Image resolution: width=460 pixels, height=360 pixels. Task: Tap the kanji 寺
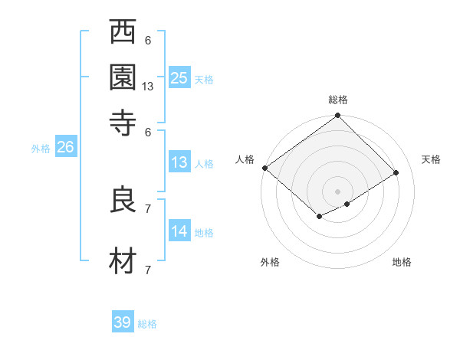tap(123, 121)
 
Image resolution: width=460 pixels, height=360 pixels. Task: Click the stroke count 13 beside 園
tap(148, 87)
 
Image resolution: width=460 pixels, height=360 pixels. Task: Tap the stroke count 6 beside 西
tap(148, 41)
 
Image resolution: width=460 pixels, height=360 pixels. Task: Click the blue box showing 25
tap(179, 77)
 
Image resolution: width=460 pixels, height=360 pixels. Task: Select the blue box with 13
tap(179, 162)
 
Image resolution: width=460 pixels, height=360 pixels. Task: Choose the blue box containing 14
tap(179, 231)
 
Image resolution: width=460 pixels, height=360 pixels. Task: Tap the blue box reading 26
tap(65, 148)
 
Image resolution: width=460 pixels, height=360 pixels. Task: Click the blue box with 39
tap(123, 322)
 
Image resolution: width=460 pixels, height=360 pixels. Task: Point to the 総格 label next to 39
tap(147, 324)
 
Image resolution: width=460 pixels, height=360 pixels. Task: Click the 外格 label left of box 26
tap(41, 149)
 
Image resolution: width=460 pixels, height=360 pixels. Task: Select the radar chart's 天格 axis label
tap(431, 159)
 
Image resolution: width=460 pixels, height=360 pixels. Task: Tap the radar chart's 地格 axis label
tap(402, 263)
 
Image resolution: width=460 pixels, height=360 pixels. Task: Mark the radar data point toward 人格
tap(264, 168)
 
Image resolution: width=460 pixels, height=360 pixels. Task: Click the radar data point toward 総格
tap(337, 117)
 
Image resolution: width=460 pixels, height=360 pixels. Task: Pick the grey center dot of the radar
tap(337, 190)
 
